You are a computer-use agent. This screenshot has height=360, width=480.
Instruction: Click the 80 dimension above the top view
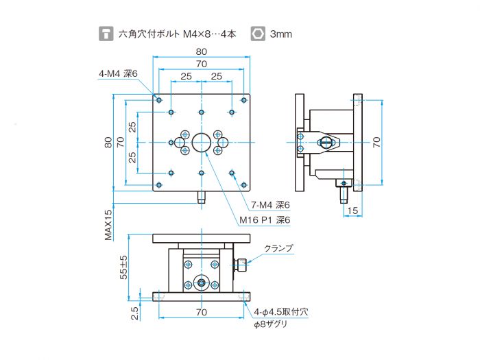201,51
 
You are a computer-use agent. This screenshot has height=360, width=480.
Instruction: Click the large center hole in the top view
202,142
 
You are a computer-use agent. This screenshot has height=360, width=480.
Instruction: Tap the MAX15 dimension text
108,225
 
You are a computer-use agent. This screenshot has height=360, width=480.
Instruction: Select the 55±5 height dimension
123,267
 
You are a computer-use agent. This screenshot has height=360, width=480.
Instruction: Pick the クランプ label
278,248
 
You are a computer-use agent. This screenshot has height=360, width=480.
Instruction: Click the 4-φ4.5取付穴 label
281,311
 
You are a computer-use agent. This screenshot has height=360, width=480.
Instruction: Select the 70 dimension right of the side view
376,142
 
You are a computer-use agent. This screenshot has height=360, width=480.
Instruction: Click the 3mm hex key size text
281,33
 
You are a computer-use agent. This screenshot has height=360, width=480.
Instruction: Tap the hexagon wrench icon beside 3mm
258,33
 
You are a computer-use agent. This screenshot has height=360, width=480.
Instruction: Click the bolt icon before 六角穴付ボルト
106,33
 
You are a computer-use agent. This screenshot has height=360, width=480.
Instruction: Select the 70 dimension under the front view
201,312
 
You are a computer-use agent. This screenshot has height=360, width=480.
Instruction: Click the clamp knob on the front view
241,265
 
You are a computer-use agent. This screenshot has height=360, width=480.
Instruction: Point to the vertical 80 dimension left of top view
107,142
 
